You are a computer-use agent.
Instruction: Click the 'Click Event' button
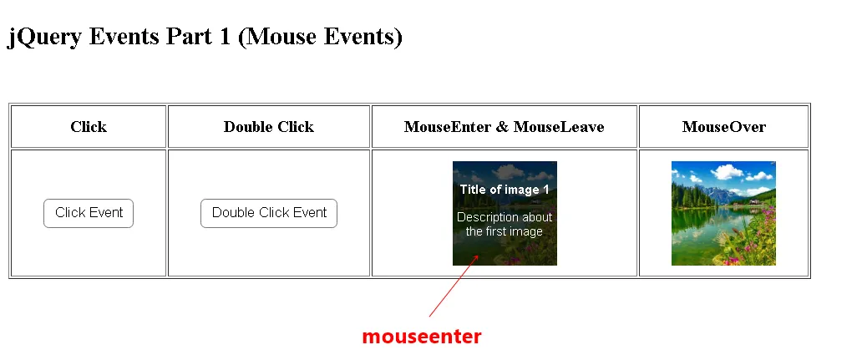click(x=89, y=213)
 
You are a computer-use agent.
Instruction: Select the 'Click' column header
click(x=89, y=127)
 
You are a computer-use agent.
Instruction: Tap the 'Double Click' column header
click(x=269, y=127)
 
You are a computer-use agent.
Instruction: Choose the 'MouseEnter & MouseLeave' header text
click(x=505, y=127)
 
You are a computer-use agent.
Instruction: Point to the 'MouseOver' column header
click(x=723, y=127)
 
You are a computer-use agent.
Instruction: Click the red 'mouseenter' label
click(x=422, y=337)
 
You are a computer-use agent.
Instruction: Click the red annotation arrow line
click(x=454, y=286)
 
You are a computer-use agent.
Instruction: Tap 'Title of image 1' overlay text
click(x=505, y=190)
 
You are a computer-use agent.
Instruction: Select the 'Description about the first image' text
click(x=505, y=224)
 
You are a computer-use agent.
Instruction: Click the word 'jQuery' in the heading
click(x=44, y=38)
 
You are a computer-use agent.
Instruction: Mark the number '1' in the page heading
click(x=224, y=36)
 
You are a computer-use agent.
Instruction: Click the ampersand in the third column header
click(x=502, y=127)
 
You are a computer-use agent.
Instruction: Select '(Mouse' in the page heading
click(x=277, y=38)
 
